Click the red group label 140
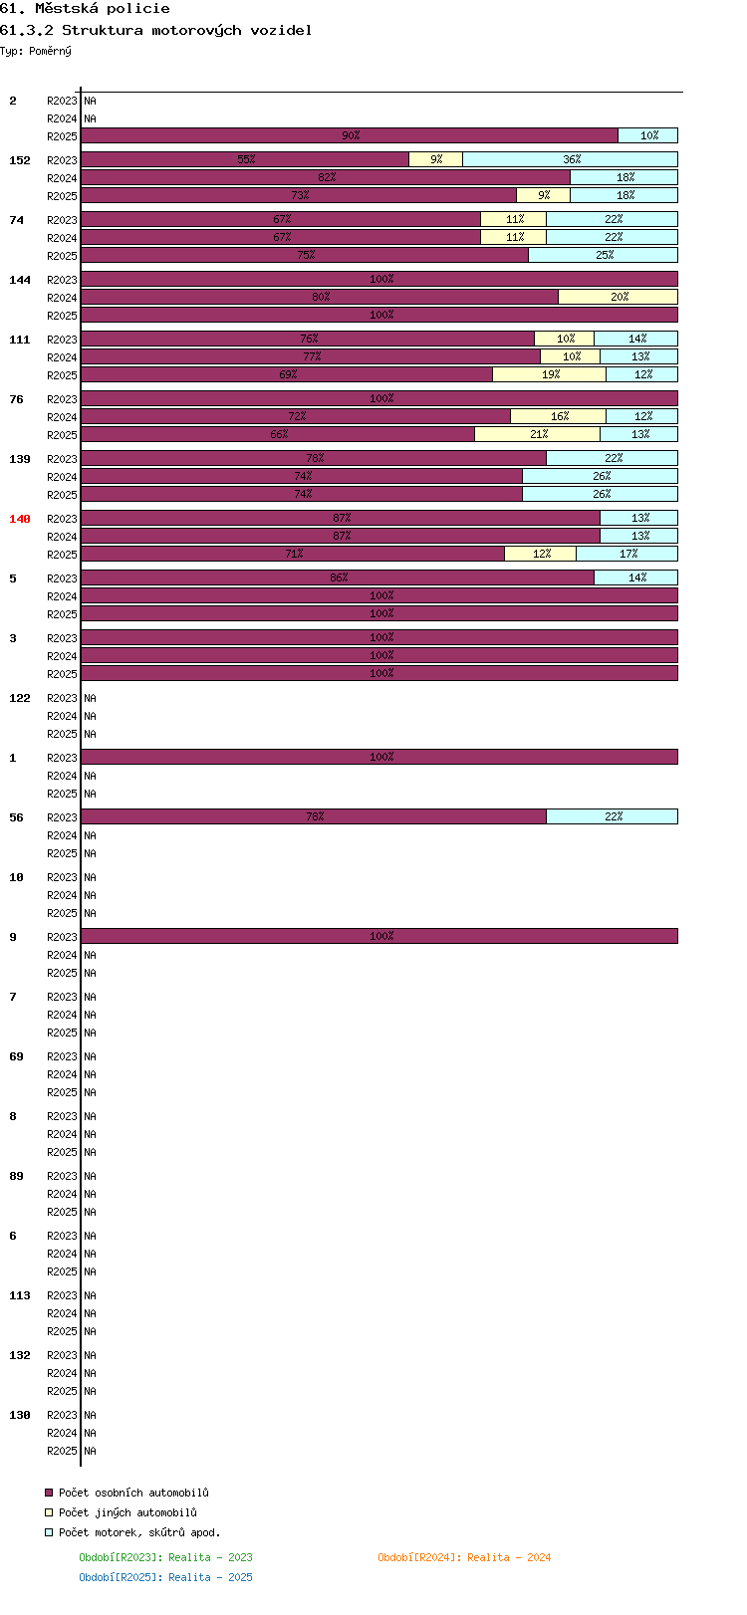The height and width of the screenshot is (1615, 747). click(20, 519)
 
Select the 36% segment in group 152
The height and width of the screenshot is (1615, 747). click(570, 159)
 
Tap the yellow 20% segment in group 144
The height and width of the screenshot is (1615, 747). click(618, 297)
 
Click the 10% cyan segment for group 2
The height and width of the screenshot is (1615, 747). click(647, 135)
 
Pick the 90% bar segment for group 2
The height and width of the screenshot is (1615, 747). click(350, 135)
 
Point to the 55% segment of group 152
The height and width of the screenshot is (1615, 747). click(245, 159)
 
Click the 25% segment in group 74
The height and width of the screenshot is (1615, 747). click(603, 255)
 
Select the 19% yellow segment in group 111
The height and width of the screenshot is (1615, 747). click(550, 375)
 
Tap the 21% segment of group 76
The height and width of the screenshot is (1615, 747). click(537, 435)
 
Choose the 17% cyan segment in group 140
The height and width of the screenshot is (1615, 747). click(626, 554)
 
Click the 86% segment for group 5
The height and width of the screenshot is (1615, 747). click(338, 577)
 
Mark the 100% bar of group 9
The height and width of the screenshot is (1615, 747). click(379, 936)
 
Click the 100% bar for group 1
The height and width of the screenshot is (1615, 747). click(379, 757)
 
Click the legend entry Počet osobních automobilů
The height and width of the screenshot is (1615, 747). click(126, 1493)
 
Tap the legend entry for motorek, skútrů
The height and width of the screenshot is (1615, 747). click(132, 1532)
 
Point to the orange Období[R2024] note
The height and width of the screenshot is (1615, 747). click(464, 1557)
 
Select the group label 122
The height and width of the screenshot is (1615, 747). click(20, 698)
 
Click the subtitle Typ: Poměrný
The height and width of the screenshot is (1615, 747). click(36, 51)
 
